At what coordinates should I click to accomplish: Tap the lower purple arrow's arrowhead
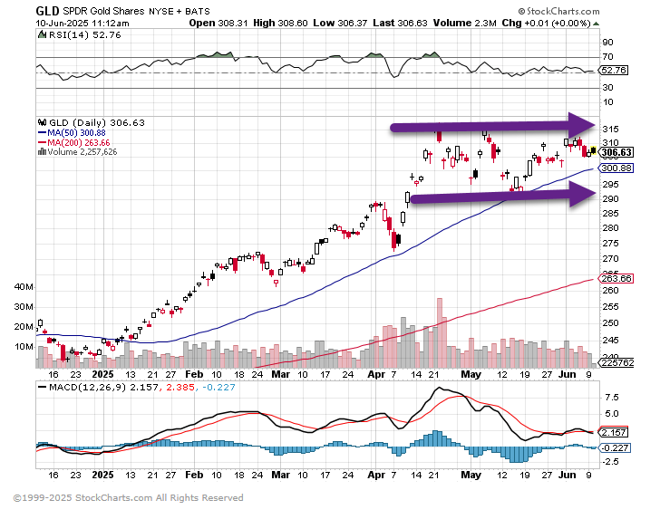[581, 193]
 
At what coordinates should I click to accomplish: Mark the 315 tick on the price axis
[609, 129]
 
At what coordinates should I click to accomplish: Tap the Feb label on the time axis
[194, 372]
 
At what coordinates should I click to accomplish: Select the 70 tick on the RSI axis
[608, 56]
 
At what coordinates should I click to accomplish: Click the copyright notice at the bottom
[128, 497]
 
